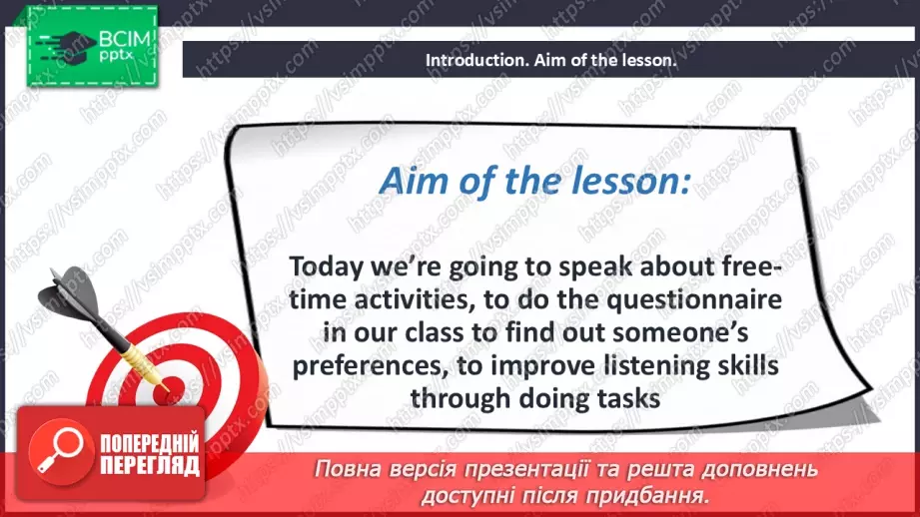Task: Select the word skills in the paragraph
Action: coord(743,365)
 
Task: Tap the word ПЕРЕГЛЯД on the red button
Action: coord(147,466)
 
